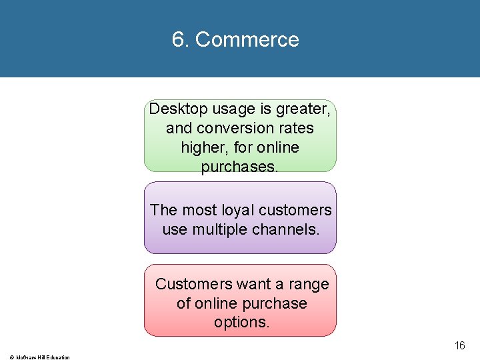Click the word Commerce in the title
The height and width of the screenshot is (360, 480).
247,40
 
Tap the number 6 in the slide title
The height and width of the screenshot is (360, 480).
178,40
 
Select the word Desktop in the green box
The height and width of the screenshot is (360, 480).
175,109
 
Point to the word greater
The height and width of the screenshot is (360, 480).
302,109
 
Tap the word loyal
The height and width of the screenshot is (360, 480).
237,210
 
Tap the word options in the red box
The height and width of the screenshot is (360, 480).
241,323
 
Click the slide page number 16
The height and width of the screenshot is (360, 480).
459,345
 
